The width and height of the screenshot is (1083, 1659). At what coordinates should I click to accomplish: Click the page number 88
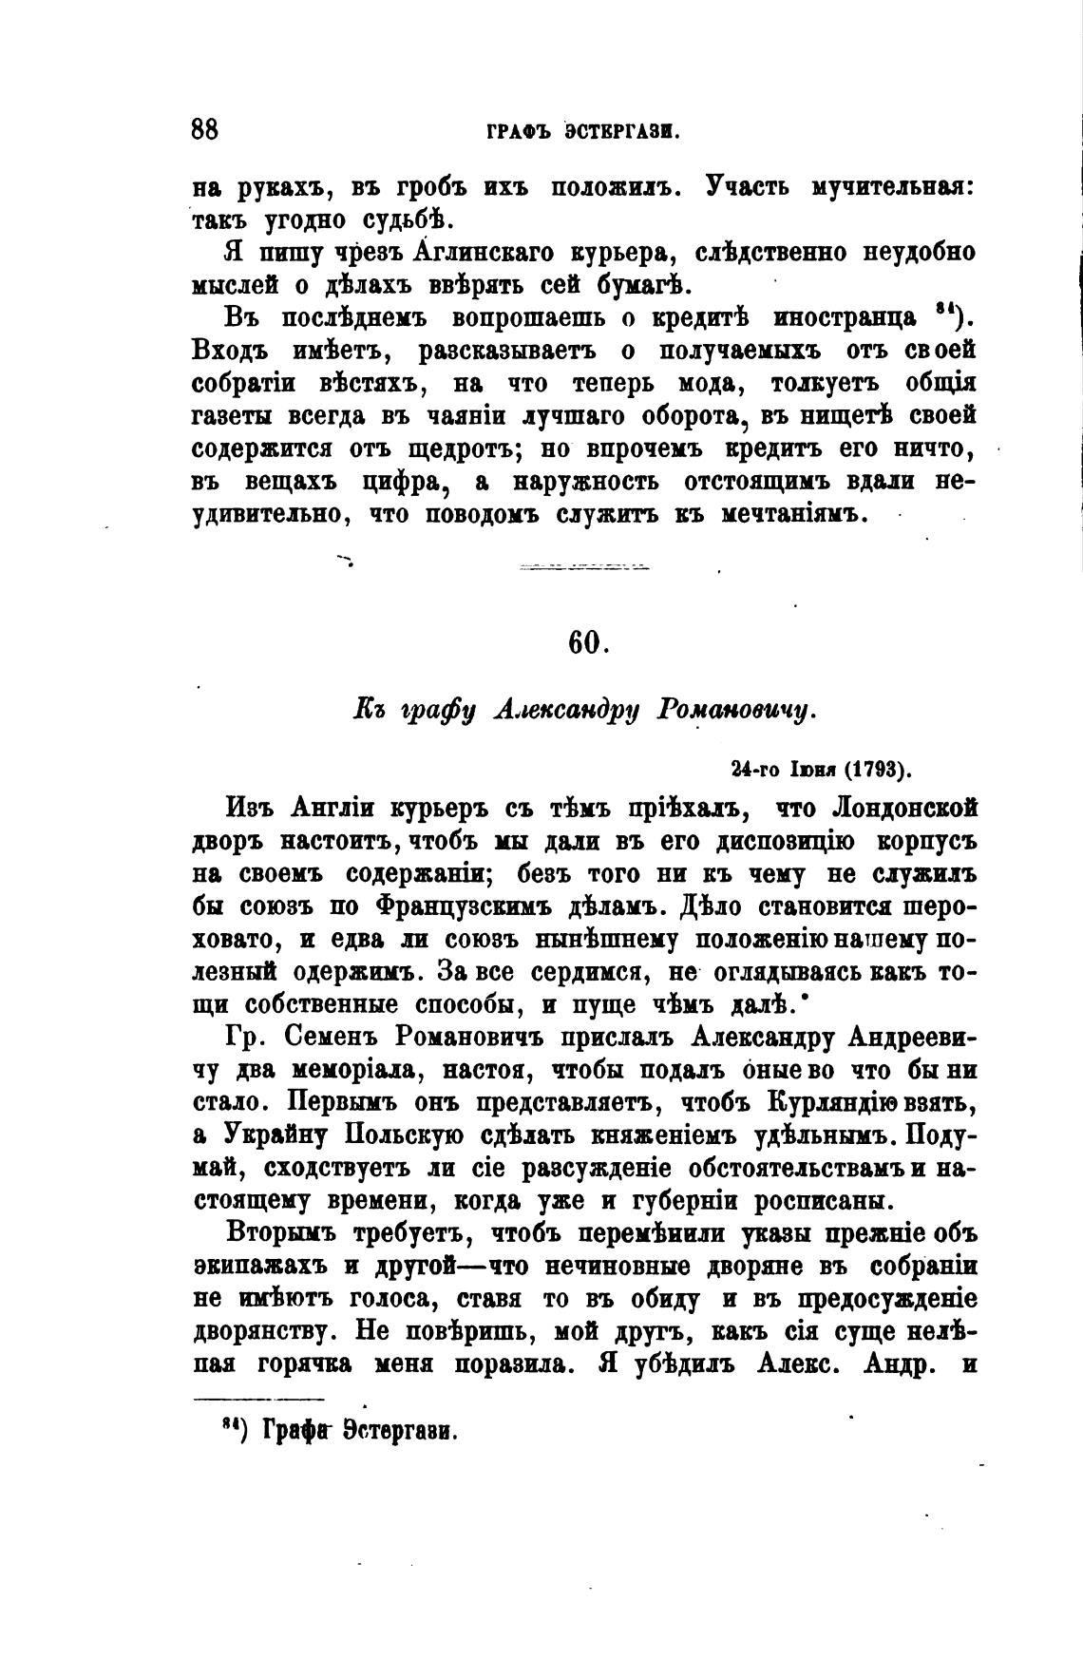pyautogui.click(x=205, y=129)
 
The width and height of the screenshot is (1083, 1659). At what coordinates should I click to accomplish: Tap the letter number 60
pyautogui.click(x=587, y=642)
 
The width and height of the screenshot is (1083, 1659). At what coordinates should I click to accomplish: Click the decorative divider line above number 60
pyautogui.click(x=584, y=567)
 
